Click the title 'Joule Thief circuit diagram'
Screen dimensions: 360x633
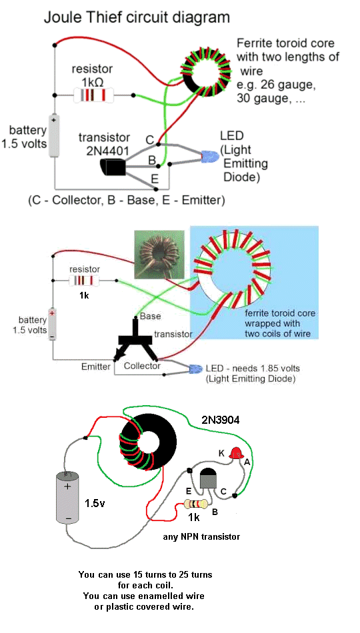(x=137, y=18)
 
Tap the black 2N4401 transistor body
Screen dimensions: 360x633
(x=113, y=167)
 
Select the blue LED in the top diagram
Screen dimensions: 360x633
(x=210, y=155)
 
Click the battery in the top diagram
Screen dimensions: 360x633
(x=54, y=136)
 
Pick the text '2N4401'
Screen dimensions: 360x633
(x=107, y=151)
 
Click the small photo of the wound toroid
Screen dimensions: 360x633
(x=159, y=255)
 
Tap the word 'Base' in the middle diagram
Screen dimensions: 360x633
(x=150, y=316)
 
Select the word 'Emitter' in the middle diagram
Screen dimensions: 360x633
(x=96, y=366)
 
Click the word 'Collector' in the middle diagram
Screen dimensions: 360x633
(x=142, y=366)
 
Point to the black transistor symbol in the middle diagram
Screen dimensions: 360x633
(x=135, y=339)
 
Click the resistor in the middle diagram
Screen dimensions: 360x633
(x=85, y=280)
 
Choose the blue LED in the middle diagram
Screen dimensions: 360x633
(x=196, y=368)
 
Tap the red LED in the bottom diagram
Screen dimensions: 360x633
(x=235, y=453)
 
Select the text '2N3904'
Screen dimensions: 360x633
(x=221, y=420)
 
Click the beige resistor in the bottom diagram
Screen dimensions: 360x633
(x=196, y=504)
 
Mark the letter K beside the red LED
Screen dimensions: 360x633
(x=221, y=454)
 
